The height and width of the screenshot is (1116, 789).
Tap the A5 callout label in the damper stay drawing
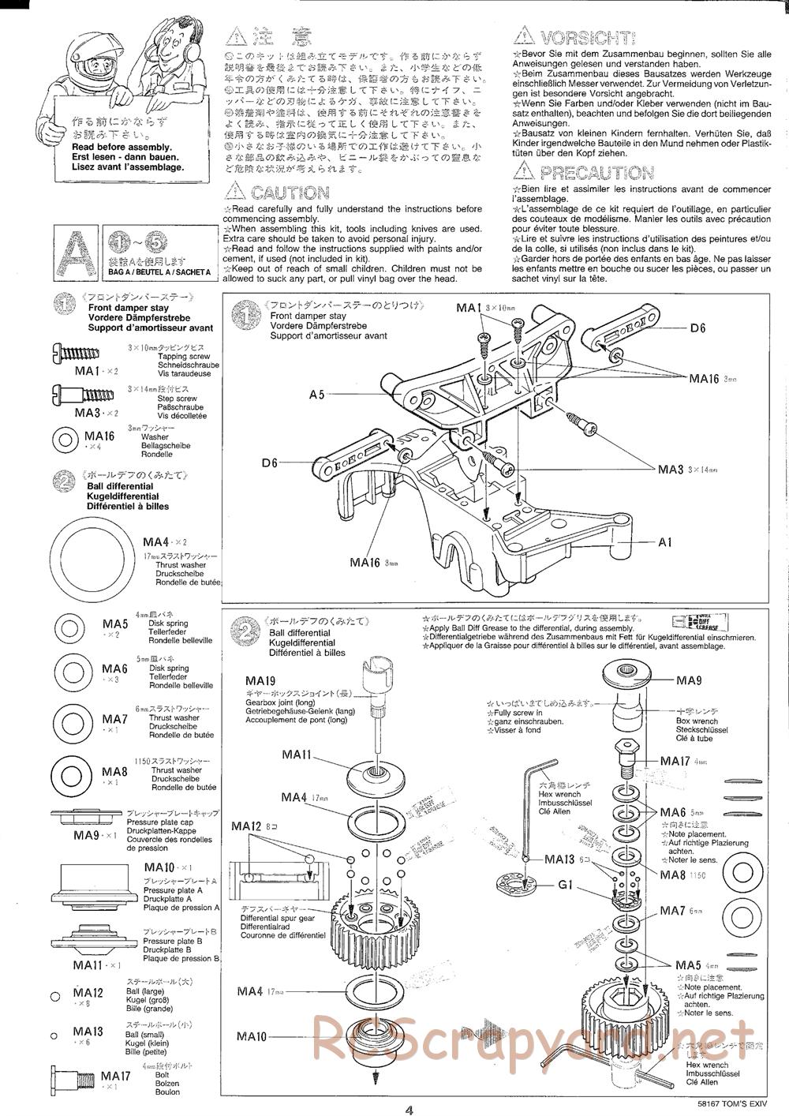click(x=316, y=394)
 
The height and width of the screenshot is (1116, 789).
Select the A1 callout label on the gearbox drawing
click(x=665, y=542)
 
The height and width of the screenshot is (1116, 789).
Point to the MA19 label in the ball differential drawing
click(x=260, y=680)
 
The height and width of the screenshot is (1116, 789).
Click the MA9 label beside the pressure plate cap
click(x=688, y=680)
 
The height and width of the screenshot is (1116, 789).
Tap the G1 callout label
click(x=564, y=884)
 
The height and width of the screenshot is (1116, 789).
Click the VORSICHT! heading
click(x=587, y=36)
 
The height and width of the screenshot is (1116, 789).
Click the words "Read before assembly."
click(x=122, y=148)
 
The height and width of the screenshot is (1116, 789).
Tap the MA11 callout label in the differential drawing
click(x=296, y=755)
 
